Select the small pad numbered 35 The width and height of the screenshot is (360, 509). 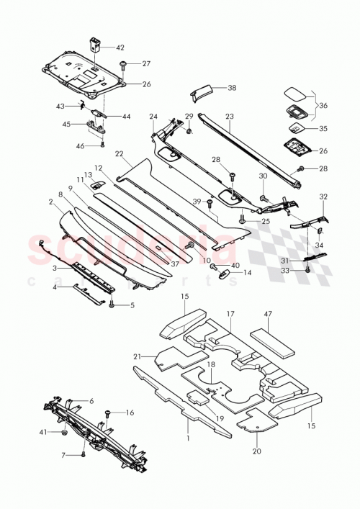click(295, 125)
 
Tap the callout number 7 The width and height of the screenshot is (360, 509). click(63, 456)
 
